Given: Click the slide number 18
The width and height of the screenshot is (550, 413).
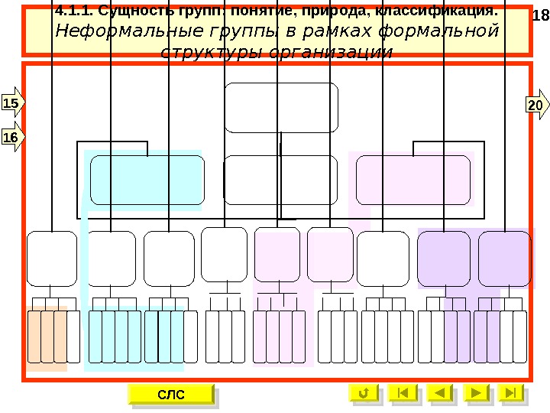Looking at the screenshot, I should pos(540,17).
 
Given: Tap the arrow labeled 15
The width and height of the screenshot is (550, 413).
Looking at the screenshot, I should pos(13,102).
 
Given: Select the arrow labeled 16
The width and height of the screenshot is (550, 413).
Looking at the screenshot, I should pos(12,137).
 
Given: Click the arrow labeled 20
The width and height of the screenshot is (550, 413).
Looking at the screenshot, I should pos(536,105).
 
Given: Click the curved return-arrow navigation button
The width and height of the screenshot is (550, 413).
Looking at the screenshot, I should pos(364,393).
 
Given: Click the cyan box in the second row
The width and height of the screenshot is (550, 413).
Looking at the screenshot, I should pos(147,180).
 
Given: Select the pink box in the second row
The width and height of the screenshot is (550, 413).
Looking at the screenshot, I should pos(412,180).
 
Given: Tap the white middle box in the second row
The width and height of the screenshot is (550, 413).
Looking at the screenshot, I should pos(281,180).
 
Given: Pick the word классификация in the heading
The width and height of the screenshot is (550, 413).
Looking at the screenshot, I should pos(437,13).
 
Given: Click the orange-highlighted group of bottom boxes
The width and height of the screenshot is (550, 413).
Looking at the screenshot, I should pos(47,337).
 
